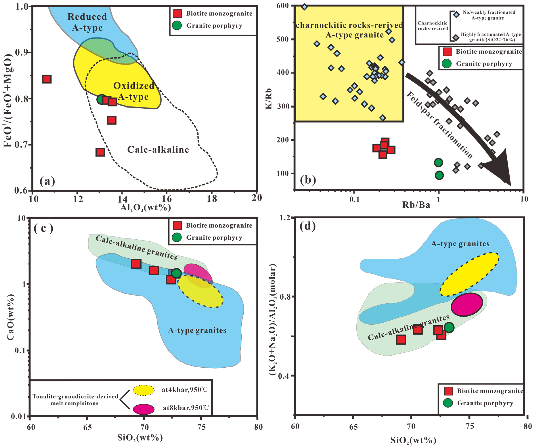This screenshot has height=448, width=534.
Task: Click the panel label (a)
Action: coord(47,181)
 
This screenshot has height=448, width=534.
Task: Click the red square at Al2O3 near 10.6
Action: coord(47,79)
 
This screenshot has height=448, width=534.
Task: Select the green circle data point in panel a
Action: coord(102,99)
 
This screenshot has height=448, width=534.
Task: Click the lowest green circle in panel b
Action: coord(439,175)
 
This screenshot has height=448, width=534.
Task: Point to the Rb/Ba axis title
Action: coord(416,205)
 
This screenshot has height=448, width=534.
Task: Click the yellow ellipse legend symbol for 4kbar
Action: coord(144,390)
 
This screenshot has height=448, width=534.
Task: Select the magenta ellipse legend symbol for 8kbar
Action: coord(144,409)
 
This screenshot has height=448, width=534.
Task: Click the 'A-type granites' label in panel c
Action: coord(197,330)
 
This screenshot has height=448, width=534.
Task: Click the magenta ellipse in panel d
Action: coord(467,304)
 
